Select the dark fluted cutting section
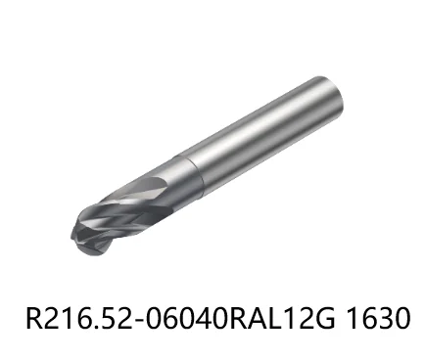tap(132, 205)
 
